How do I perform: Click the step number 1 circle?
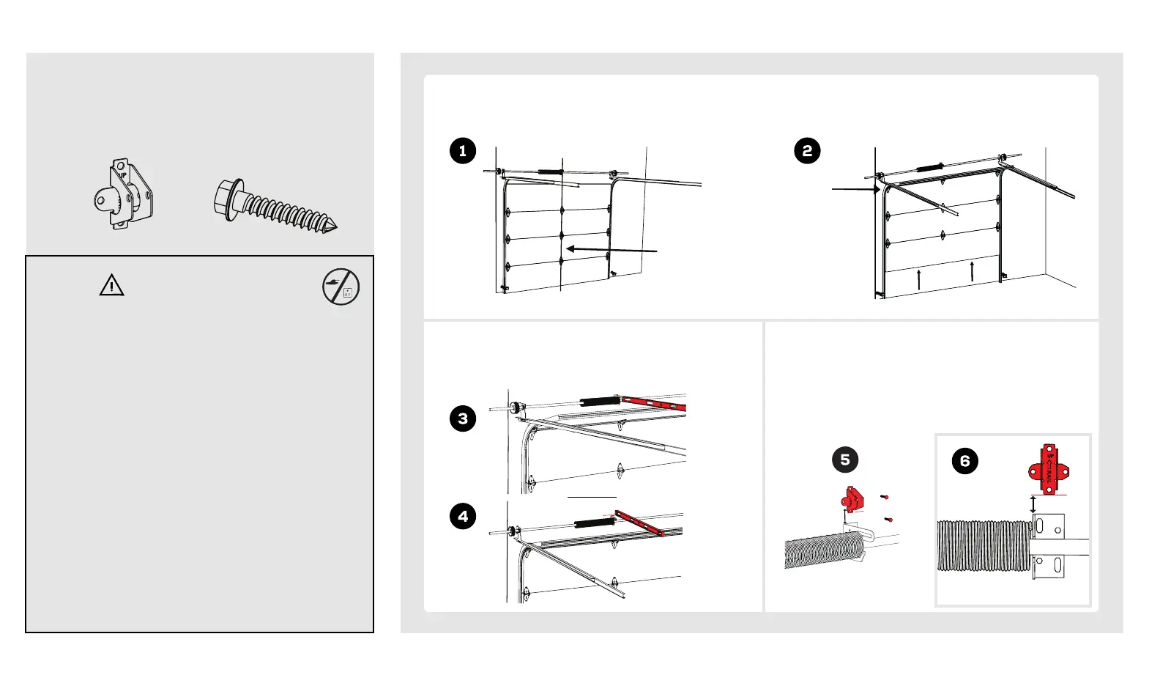click(x=463, y=151)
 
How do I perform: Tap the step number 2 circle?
click(x=807, y=151)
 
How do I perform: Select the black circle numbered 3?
click(x=463, y=418)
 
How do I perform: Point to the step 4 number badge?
click(x=463, y=516)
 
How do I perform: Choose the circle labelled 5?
click(x=845, y=460)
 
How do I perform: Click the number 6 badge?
click(x=965, y=461)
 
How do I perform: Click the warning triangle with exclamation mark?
click(x=111, y=285)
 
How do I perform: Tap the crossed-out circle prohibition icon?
click(x=341, y=287)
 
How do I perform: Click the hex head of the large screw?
click(x=227, y=198)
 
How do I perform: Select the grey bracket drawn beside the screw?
click(x=124, y=194)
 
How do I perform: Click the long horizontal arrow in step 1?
click(x=611, y=250)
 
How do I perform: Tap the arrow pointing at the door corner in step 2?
click(x=855, y=189)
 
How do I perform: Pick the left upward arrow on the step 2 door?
click(x=919, y=279)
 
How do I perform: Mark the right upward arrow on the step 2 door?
click(x=972, y=270)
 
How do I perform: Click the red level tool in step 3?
click(x=654, y=402)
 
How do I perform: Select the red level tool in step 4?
click(x=639, y=523)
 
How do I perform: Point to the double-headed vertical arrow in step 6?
click(x=1033, y=504)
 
